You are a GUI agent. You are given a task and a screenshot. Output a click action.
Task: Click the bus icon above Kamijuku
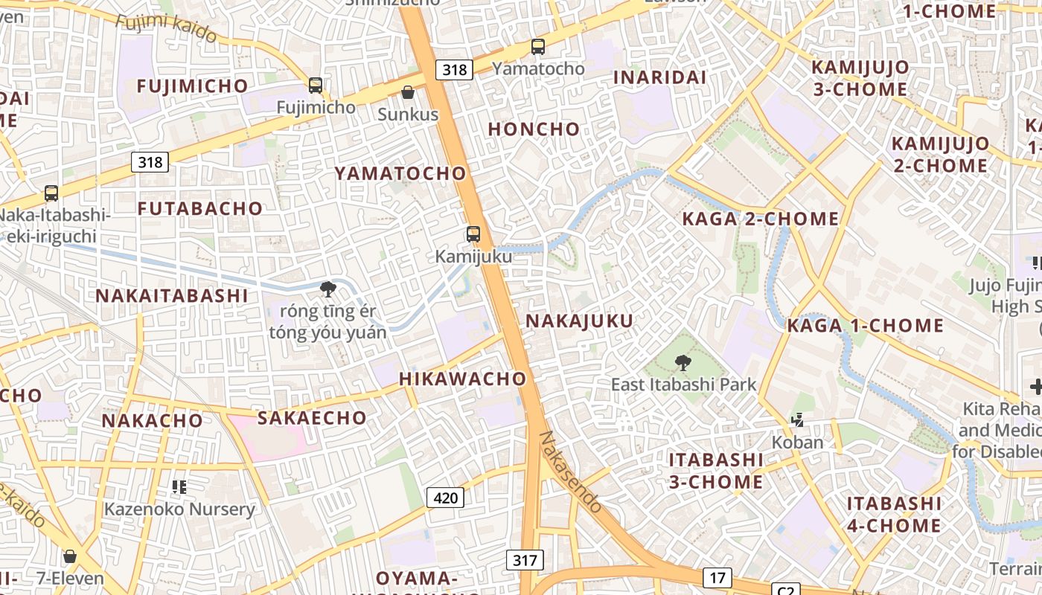click(x=473, y=234)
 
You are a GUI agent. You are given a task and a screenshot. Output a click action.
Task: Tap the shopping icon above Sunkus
click(x=408, y=92)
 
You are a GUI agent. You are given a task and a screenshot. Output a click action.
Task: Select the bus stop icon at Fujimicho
click(x=316, y=86)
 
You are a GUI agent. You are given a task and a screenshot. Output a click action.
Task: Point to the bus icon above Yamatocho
click(x=538, y=47)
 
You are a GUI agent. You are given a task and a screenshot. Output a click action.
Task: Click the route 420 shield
click(x=445, y=498)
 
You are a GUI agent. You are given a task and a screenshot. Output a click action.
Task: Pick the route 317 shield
click(x=525, y=560)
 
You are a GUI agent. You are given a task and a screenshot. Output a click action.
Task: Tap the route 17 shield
click(x=717, y=578)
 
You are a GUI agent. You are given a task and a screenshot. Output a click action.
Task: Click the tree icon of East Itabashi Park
click(x=683, y=363)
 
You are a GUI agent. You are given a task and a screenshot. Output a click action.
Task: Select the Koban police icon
click(x=798, y=420)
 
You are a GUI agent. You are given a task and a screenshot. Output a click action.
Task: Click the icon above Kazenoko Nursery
click(x=179, y=487)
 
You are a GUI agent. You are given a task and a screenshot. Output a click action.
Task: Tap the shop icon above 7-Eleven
click(x=70, y=556)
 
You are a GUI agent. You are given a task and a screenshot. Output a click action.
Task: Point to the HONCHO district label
click(x=534, y=129)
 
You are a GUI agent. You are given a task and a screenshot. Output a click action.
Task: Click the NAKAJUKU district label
click(x=580, y=321)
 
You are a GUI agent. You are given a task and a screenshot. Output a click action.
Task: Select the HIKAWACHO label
click(x=463, y=379)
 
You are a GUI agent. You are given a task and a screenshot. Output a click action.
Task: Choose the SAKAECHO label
click(x=312, y=418)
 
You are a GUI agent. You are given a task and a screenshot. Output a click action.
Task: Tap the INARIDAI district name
click(x=659, y=77)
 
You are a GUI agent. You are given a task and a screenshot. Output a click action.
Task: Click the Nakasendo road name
click(x=571, y=472)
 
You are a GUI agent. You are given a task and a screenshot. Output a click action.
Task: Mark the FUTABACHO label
click(x=200, y=208)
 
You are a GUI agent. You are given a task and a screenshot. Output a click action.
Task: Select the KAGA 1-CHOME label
click(x=866, y=326)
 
